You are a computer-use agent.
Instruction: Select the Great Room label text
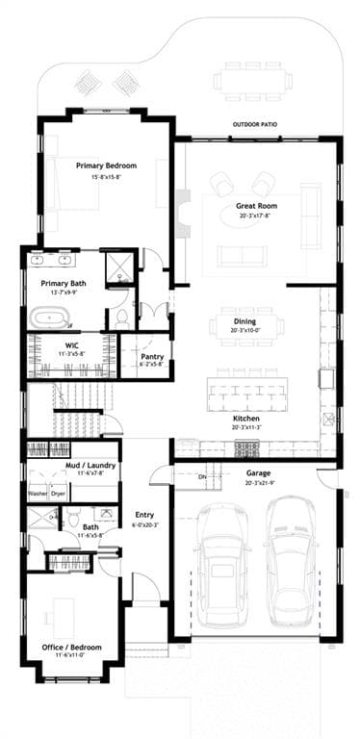coord(258,207)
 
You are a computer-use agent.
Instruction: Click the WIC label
coord(71,344)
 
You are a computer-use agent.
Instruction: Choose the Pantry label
coord(152,356)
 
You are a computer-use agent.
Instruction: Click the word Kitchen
coord(245,420)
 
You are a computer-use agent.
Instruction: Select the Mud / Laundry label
coord(72,464)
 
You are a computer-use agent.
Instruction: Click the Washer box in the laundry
coord(38,494)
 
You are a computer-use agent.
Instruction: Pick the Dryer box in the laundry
coord(59,494)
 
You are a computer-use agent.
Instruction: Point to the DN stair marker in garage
coord(202,477)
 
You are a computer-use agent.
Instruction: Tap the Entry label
coord(144,515)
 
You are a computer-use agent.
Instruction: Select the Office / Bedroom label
coord(72,647)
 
